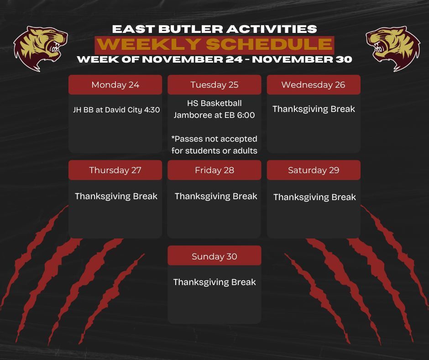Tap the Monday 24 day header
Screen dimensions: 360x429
(x=115, y=85)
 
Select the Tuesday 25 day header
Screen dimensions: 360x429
(x=214, y=85)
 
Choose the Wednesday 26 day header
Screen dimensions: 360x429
(x=314, y=85)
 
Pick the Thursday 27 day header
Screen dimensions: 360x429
(x=115, y=170)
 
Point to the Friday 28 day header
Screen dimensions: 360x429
(x=214, y=170)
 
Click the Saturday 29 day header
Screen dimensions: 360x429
(x=314, y=170)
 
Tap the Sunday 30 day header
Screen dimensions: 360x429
(x=214, y=256)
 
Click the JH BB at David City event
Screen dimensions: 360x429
(x=108, y=110)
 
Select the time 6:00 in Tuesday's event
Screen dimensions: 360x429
(x=246, y=116)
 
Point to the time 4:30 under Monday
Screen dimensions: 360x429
(x=152, y=110)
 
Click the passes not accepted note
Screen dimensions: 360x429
(x=214, y=144)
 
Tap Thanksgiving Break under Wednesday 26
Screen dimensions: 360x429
(x=314, y=109)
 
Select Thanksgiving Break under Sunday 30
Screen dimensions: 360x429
(x=214, y=282)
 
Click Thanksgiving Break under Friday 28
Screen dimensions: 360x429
(x=216, y=196)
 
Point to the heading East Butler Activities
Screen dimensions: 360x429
(x=214, y=29)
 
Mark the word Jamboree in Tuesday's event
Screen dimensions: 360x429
(x=193, y=116)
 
